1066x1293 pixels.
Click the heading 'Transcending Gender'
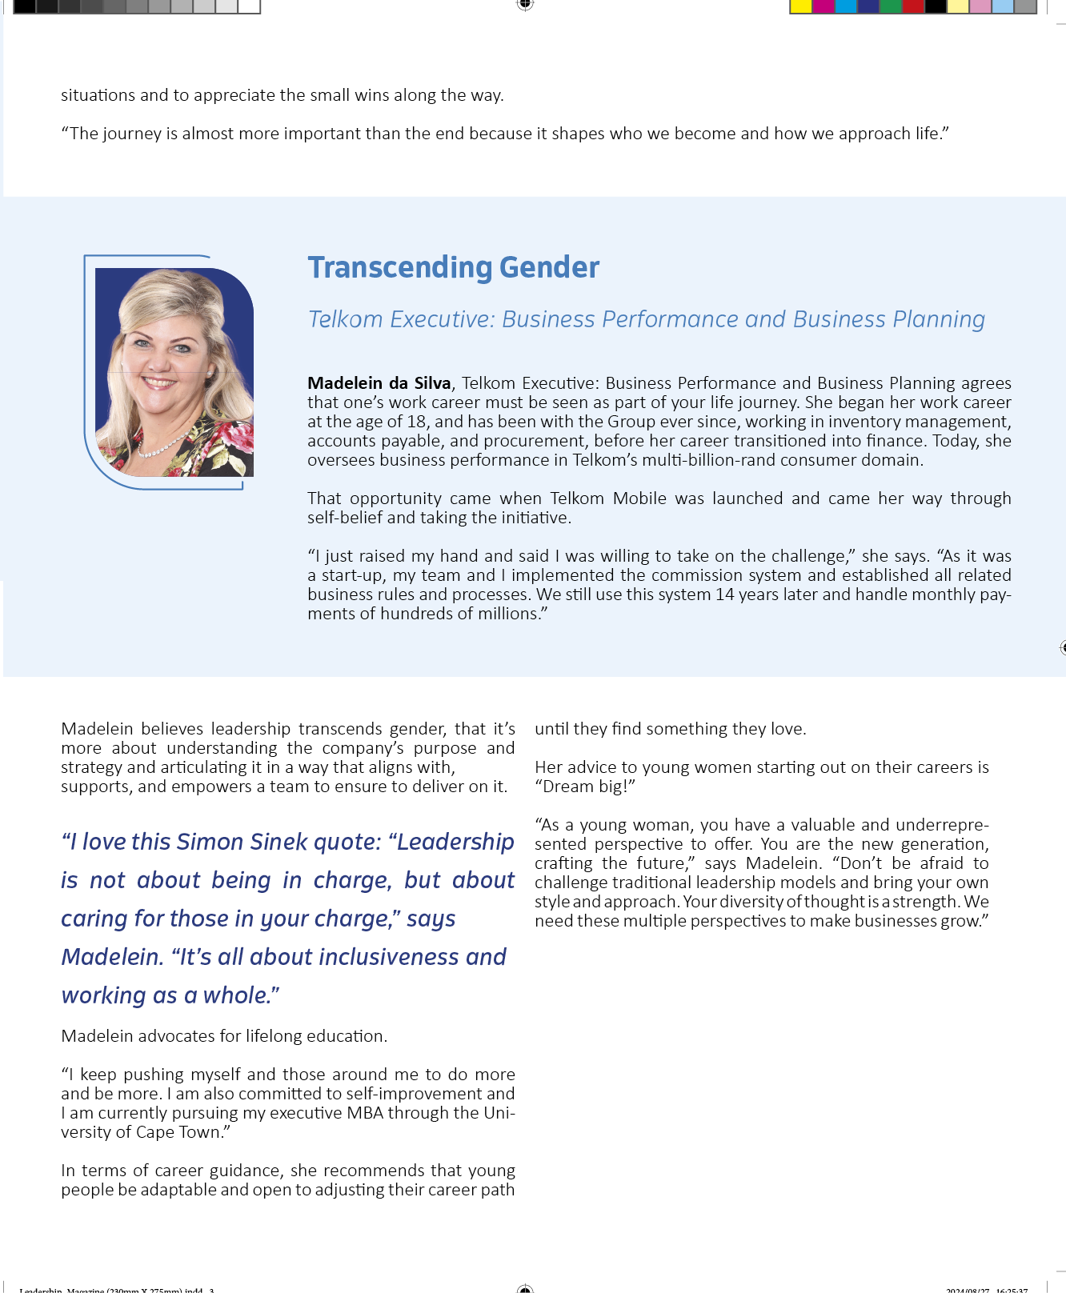(453, 268)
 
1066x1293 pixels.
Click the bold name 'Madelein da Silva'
(379, 383)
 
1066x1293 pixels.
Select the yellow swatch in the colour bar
(800, 6)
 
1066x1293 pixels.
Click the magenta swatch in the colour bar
(823, 6)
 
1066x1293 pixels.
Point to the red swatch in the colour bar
(912, 6)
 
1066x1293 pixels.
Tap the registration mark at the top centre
(525, 5)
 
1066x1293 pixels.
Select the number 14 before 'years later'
(725, 594)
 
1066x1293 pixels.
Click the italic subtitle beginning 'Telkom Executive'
(646, 319)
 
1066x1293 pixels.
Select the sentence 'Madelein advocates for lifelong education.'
(224, 1036)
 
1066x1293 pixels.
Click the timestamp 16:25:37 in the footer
(1012, 1289)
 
